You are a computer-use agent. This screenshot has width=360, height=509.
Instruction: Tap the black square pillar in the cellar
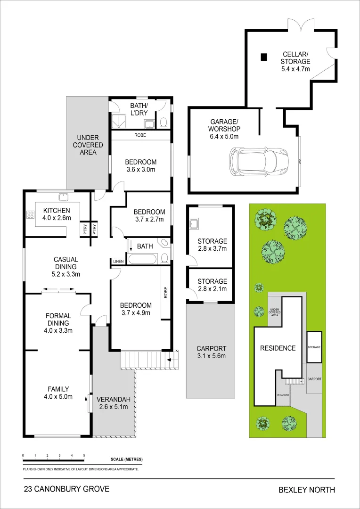tap(264, 57)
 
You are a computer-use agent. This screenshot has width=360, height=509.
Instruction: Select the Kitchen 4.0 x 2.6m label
tap(57, 214)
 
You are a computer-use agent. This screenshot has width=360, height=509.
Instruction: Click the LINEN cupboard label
tap(118, 262)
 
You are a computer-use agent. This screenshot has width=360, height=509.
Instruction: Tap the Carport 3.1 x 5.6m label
tap(211, 352)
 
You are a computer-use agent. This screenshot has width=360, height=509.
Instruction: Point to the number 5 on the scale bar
tap(84, 455)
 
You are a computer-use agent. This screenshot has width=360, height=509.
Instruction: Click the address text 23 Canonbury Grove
tap(66, 489)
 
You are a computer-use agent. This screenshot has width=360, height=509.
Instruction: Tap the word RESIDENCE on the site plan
tap(278, 348)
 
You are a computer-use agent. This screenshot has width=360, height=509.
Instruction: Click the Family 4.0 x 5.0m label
tap(58, 393)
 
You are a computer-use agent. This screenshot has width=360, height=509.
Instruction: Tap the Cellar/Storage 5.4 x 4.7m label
tap(295, 61)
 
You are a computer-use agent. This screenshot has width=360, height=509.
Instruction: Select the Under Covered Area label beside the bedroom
tap(88, 145)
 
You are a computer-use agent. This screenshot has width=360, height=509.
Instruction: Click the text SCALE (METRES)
tap(126, 460)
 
